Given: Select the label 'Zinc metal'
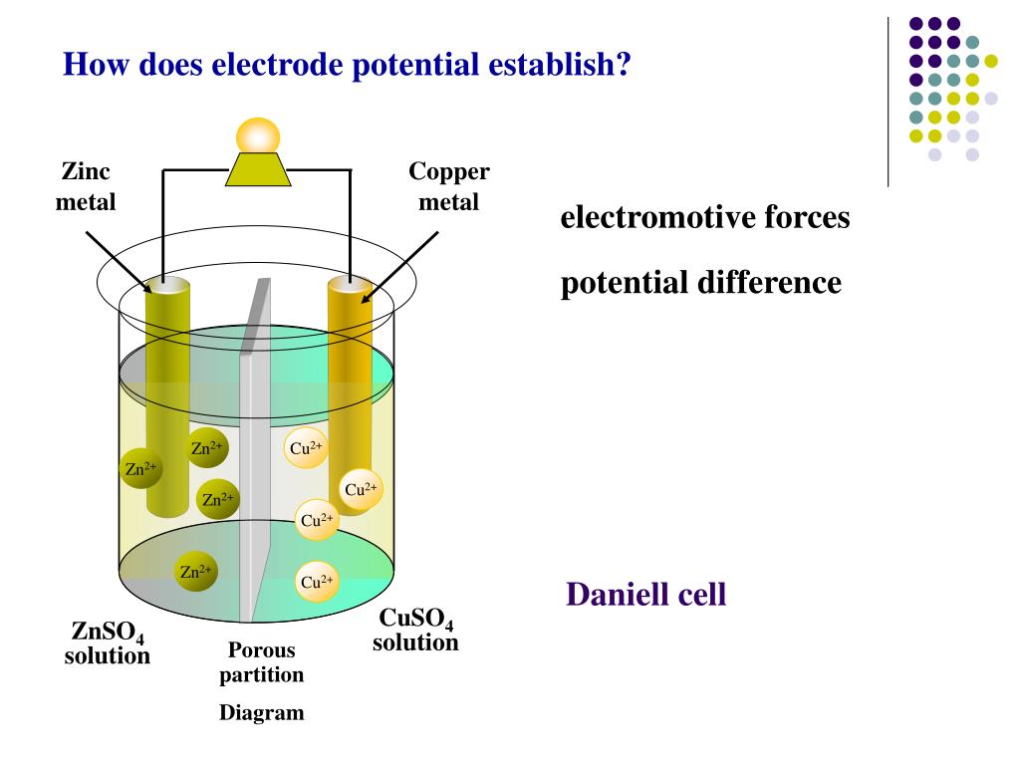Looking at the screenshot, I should [86, 186].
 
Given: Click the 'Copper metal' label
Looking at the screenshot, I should [448, 186].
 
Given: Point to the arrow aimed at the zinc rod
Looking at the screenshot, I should [118, 261].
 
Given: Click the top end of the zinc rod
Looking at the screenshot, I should [167, 286].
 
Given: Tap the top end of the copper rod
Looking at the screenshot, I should [351, 286].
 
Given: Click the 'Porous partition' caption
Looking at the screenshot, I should [262, 662].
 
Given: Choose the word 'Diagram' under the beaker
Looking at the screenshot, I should [262, 713].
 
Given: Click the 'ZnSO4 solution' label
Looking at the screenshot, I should [108, 643].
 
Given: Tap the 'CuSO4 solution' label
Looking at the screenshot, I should [415, 632].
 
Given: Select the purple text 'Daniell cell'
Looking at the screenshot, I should [645, 596].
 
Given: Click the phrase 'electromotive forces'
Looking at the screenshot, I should [705, 217].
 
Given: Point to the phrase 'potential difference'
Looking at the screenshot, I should [700, 283].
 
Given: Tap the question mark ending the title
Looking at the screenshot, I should [625, 65].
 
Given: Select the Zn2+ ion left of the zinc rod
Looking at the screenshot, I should [139, 468].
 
